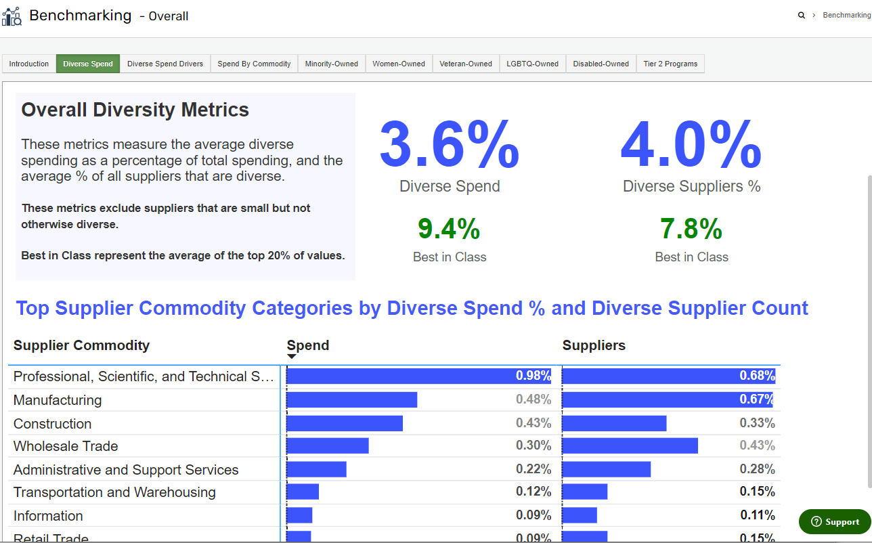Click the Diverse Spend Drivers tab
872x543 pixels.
click(165, 64)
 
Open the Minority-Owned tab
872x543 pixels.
click(331, 64)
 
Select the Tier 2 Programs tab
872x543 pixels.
click(670, 64)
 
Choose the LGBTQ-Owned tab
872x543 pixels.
click(532, 64)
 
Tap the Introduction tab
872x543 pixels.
click(29, 64)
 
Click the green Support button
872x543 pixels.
click(835, 521)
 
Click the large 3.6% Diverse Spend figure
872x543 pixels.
click(449, 144)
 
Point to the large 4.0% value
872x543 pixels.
click(691, 144)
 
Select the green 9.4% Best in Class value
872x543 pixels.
click(449, 230)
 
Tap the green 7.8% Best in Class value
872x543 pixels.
click(691, 230)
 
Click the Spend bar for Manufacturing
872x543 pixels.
click(352, 400)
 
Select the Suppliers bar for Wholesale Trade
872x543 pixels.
click(630, 446)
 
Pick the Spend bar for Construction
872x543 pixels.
click(345, 423)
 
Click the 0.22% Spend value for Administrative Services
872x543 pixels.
click(533, 469)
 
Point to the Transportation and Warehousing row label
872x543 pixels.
click(114, 492)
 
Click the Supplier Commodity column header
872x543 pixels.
click(81, 345)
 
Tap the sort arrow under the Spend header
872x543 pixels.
click(292, 357)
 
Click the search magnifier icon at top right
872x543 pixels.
click(802, 15)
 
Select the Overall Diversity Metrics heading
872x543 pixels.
click(135, 110)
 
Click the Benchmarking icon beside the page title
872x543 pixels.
click(12, 16)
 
